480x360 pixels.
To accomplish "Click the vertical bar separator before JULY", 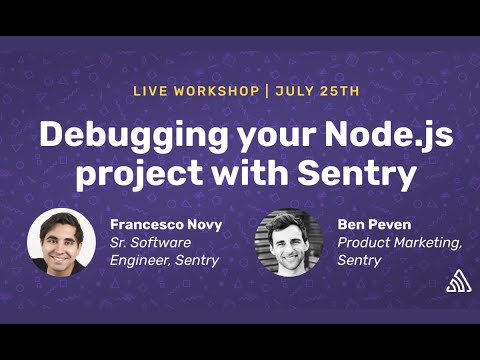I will pyautogui.click(x=267, y=91).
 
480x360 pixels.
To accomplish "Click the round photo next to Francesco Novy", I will pyautogui.click(x=62, y=242).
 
